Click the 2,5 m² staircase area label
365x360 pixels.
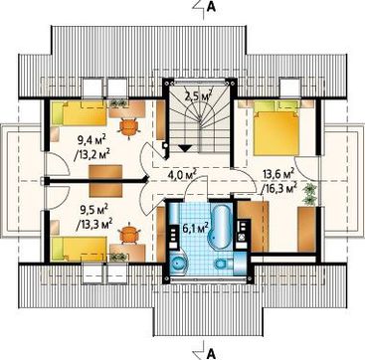click(199, 96)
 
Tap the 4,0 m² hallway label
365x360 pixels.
click(180, 174)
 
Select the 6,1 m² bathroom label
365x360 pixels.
click(196, 228)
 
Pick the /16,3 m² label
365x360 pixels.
click(278, 188)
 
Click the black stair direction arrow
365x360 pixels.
click(186, 148)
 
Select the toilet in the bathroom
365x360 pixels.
click(224, 265)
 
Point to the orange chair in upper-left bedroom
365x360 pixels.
click(129, 127)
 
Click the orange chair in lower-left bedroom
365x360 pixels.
click(129, 234)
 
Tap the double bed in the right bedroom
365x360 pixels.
click(276, 128)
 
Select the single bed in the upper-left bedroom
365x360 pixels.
click(80, 113)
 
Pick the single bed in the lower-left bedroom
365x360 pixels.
click(80, 249)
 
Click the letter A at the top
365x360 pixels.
click(211, 7)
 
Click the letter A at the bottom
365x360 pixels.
click(211, 354)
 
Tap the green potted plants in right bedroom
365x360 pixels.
click(310, 194)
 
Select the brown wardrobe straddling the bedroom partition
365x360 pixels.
click(106, 181)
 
